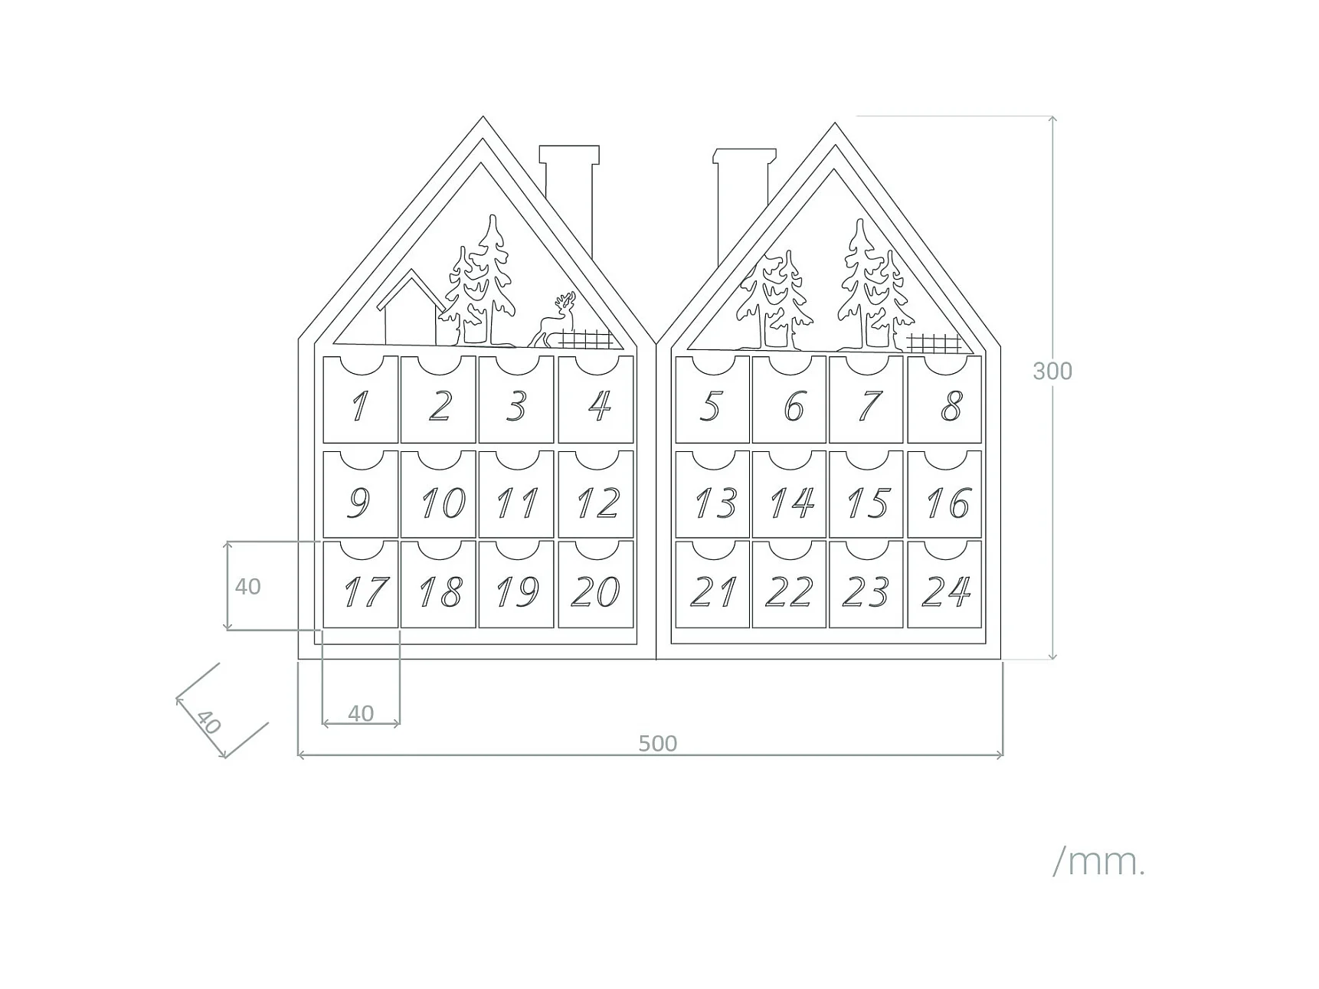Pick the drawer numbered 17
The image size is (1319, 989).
(x=360, y=585)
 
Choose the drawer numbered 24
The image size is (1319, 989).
(x=944, y=585)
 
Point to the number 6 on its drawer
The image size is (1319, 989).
(x=794, y=406)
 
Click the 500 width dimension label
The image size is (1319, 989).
(x=658, y=743)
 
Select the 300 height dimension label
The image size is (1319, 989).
(x=1052, y=372)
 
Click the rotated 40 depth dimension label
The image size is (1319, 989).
(x=208, y=722)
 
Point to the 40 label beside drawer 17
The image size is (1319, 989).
(x=247, y=587)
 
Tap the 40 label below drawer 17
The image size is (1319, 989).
(x=361, y=713)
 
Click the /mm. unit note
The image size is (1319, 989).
(x=1098, y=863)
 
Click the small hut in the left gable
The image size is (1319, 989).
(x=409, y=310)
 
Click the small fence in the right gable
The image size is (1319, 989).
(x=933, y=342)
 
